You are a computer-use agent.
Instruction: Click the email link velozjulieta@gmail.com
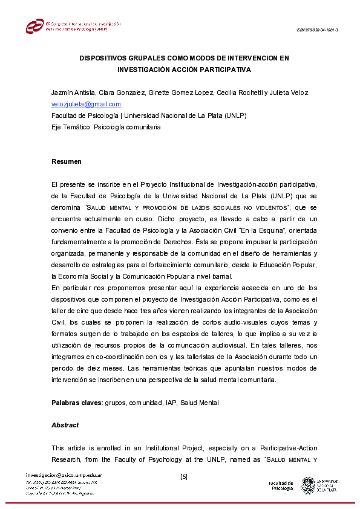(x=86, y=104)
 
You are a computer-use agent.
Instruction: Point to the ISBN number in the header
(x=317, y=30)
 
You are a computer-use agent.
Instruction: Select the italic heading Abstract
(x=65, y=425)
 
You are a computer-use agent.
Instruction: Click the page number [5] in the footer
(x=184, y=476)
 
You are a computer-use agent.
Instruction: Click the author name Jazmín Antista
(x=73, y=92)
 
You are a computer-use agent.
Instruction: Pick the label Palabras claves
(x=77, y=403)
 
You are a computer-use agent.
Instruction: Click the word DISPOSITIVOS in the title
(x=107, y=59)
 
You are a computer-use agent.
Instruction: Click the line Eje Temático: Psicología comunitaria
(x=106, y=127)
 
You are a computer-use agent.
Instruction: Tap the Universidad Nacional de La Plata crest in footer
(x=308, y=485)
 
